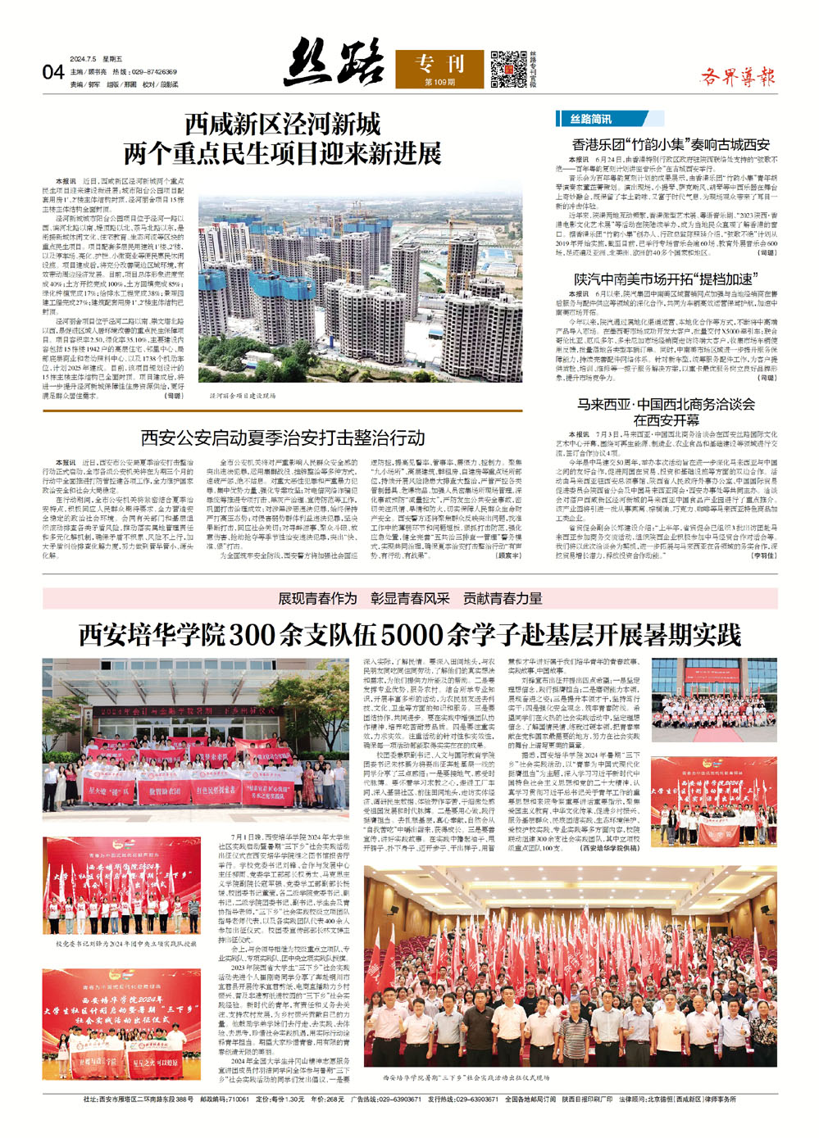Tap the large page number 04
[53, 73]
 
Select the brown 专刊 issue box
[439, 69]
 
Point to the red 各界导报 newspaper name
[737, 78]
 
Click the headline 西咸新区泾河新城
[283, 125]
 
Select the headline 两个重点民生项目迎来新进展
[283, 153]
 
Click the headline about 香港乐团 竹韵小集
[671, 144]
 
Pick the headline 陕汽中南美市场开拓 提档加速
[663, 279]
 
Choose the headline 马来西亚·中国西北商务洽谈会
[666, 404]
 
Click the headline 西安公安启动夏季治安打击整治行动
[283, 438]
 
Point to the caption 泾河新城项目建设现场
[243, 395]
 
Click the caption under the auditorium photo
[467, 1078]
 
